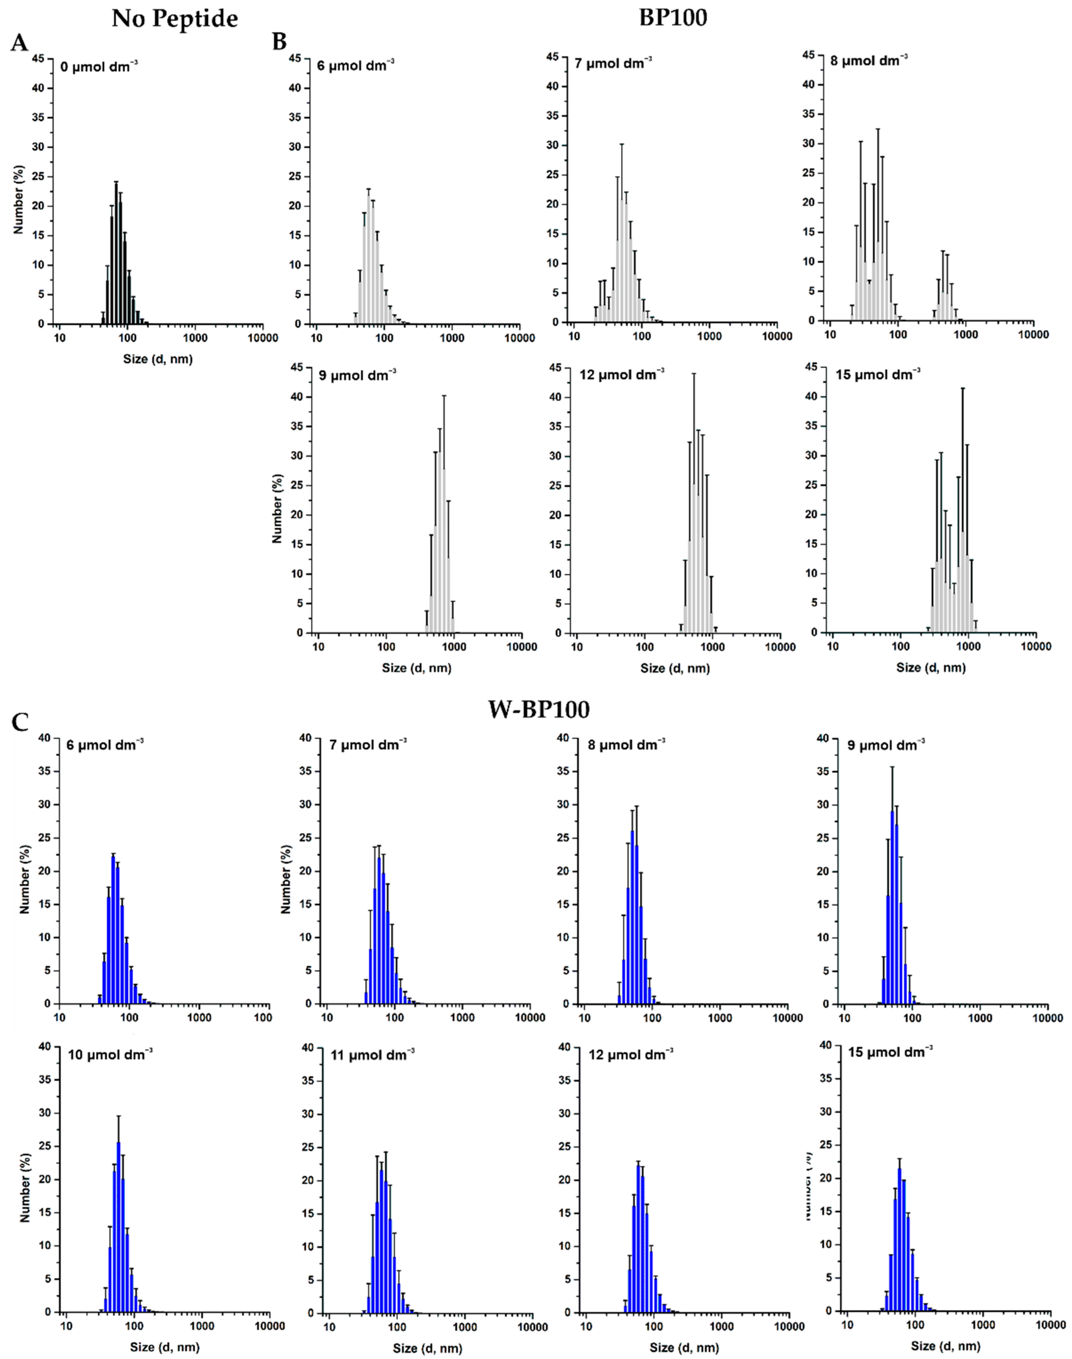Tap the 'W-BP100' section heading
[539, 709]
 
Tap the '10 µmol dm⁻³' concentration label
[110, 1054]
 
